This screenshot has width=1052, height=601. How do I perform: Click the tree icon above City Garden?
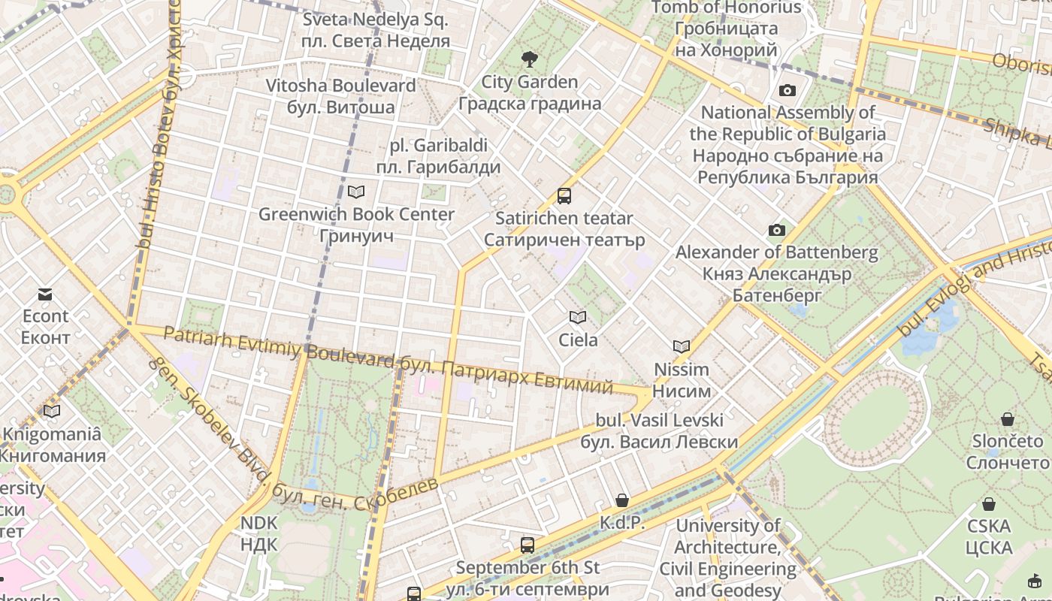pyautogui.click(x=530, y=59)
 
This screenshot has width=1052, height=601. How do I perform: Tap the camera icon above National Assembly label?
pyautogui.click(x=787, y=91)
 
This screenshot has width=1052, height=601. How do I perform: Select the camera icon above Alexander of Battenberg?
pyautogui.click(x=776, y=230)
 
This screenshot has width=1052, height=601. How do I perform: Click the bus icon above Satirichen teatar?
pyautogui.click(x=564, y=196)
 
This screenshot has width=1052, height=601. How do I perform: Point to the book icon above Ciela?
pyautogui.click(x=577, y=318)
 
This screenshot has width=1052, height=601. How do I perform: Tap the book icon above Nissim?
pyautogui.click(x=682, y=346)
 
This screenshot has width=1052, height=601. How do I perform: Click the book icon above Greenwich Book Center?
pyautogui.click(x=356, y=192)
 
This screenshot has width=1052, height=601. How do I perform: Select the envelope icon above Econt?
pyautogui.click(x=45, y=294)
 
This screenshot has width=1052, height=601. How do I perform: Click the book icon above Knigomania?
pyautogui.click(x=51, y=411)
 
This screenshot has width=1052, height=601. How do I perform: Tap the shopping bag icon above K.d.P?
pyautogui.click(x=622, y=500)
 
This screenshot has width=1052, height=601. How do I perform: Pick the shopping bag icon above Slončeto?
pyautogui.click(x=1008, y=418)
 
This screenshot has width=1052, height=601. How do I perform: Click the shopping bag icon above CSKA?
pyautogui.click(x=989, y=504)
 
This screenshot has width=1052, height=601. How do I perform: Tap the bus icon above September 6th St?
pyautogui.click(x=528, y=545)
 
